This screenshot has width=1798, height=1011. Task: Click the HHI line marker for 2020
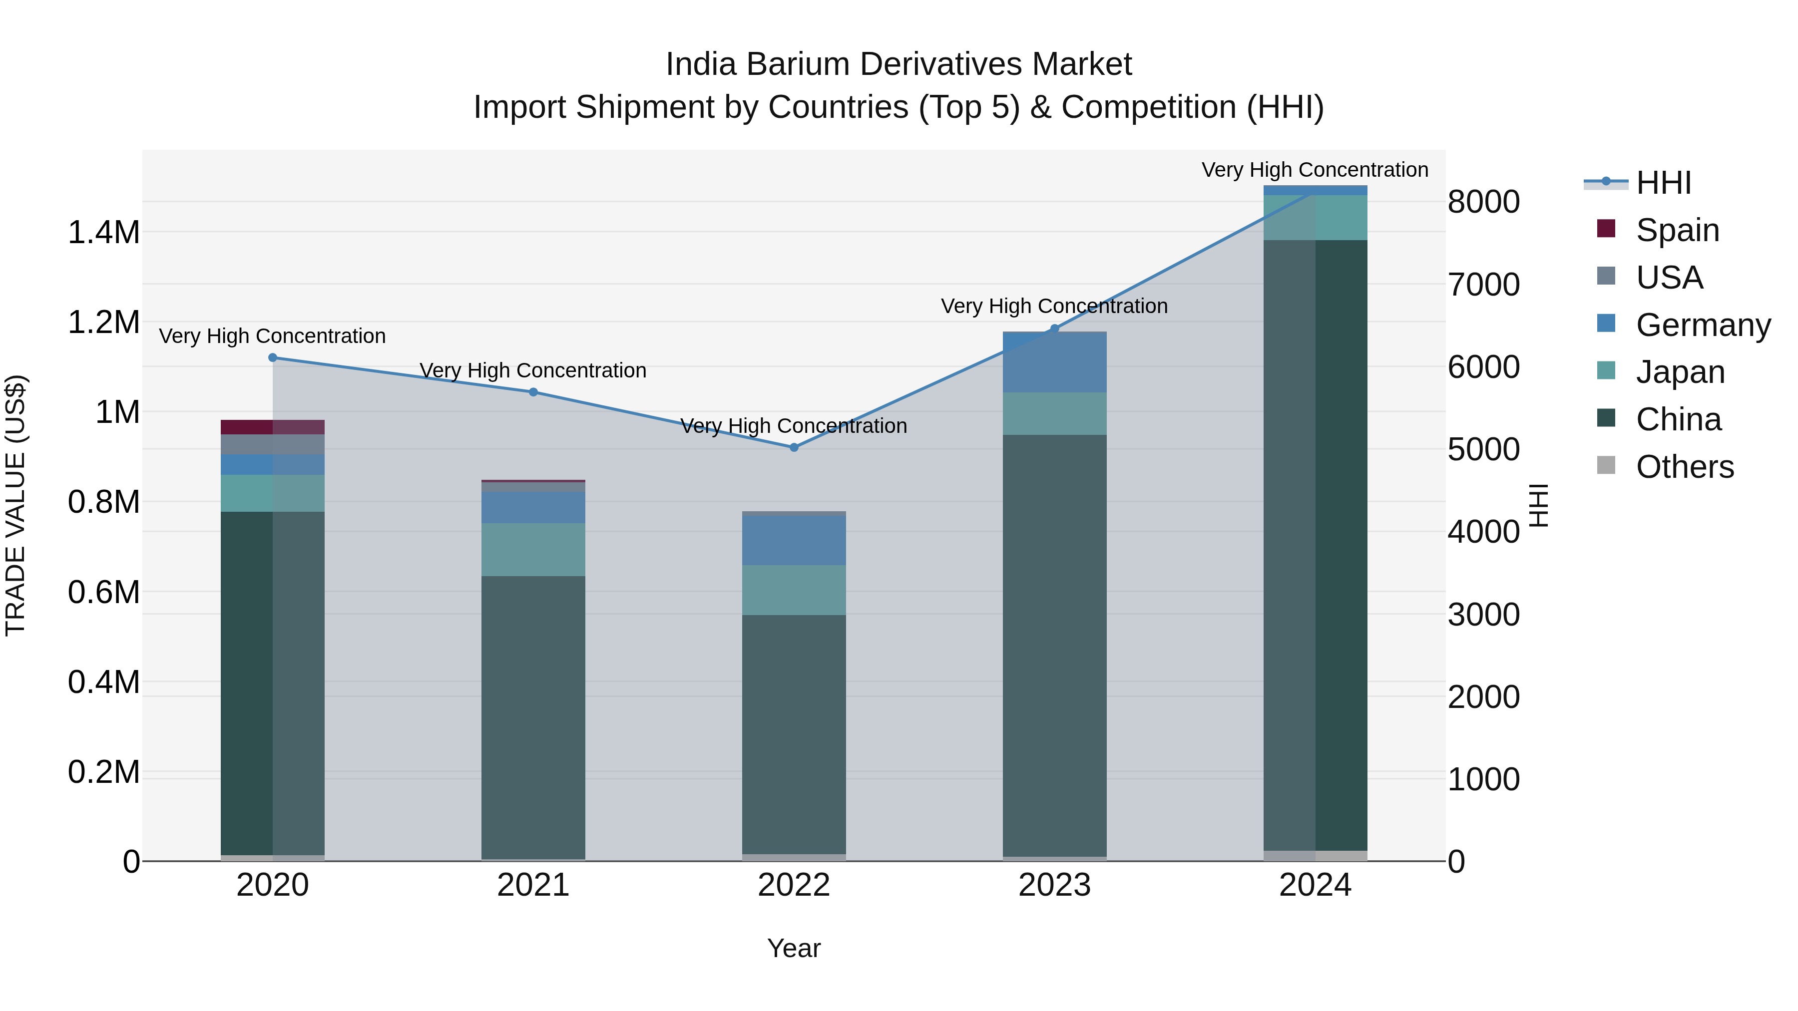click(272, 358)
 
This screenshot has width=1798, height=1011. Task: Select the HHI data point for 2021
click(533, 392)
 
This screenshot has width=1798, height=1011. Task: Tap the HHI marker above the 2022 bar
click(794, 447)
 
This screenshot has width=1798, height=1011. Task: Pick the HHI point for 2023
click(1055, 329)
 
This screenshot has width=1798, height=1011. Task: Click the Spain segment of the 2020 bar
click(272, 427)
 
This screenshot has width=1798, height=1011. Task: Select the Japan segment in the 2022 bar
click(794, 590)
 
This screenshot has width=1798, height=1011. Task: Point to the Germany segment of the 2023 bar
click(1055, 363)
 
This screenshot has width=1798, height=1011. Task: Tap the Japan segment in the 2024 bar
click(1315, 218)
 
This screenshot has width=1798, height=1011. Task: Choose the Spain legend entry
click(1677, 230)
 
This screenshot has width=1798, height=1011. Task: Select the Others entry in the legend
click(1684, 467)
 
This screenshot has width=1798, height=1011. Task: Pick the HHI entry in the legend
click(1663, 183)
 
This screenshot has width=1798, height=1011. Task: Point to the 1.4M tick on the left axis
click(103, 232)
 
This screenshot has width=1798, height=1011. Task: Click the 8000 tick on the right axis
click(1483, 202)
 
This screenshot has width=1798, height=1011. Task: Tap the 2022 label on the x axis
click(794, 885)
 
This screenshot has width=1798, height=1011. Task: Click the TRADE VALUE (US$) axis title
click(15, 505)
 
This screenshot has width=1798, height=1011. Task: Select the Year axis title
click(794, 948)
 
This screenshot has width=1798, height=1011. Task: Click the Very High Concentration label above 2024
click(1315, 170)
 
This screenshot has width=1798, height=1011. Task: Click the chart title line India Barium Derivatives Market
click(899, 64)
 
